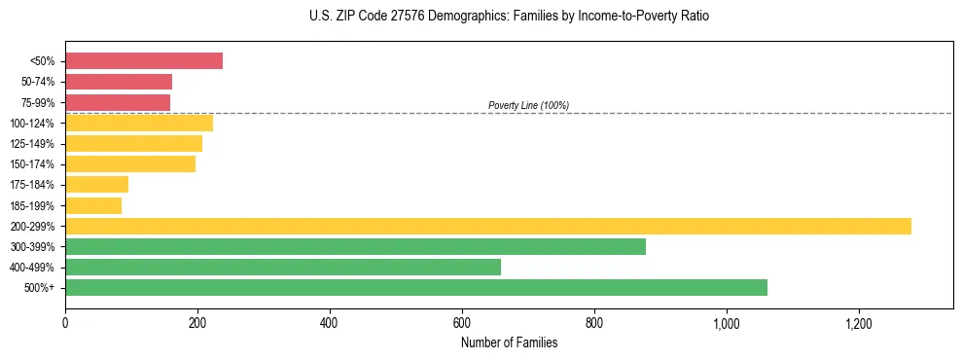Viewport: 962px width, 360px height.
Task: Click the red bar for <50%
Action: tap(144, 61)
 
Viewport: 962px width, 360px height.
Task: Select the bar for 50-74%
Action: tap(119, 82)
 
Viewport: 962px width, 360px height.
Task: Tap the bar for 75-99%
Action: tap(118, 102)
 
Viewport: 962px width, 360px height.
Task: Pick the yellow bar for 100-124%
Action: tap(139, 123)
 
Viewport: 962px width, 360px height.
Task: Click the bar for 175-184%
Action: tap(96, 185)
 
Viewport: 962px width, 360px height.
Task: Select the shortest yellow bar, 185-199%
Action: tap(93, 205)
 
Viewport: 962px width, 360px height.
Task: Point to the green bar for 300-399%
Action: tap(355, 246)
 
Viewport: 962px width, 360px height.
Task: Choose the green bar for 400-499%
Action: tap(283, 267)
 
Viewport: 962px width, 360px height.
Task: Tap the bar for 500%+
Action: tap(416, 287)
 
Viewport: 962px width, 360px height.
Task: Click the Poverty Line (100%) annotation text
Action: tap(528, 105)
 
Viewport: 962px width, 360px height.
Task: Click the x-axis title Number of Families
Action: tap(509, 342)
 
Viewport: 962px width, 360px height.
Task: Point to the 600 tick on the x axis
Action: tap(462, 322)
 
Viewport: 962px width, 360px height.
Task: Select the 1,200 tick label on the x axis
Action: tap(859, 322)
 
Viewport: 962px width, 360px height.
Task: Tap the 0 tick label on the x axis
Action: tap(65, 322)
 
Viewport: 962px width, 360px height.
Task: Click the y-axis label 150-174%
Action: tap(32, 164)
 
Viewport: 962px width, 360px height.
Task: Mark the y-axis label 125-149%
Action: tap(32, 144)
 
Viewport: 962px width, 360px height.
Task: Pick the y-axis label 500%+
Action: tap(40, 288)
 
